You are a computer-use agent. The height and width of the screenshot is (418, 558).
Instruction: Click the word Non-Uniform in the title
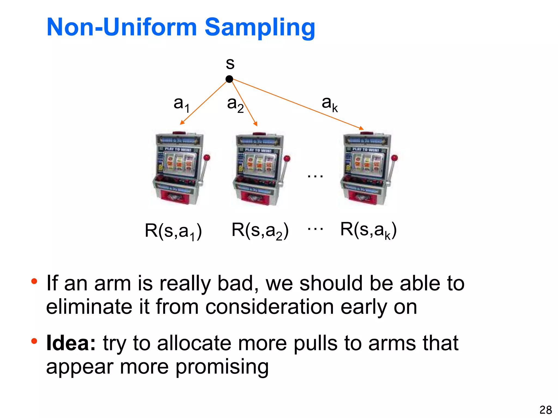pos(122,27)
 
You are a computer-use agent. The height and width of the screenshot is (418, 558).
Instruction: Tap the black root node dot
pos(229,79)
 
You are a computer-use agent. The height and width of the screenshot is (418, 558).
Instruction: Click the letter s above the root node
pos(230,64)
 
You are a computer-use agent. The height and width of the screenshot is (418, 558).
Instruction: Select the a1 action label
pos(181,104)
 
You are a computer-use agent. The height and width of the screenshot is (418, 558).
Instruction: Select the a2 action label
pos(235,104)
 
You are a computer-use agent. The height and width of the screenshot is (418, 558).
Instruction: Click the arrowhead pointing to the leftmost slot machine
pos(182,123)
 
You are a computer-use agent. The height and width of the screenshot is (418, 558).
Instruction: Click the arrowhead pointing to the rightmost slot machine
pos(361,128)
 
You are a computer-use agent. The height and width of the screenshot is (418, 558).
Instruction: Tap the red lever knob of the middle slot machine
pos(287,158)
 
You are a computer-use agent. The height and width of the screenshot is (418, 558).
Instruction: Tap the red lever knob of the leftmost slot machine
pos(207,157)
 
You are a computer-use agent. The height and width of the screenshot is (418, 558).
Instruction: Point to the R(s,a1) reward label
pos(173,231)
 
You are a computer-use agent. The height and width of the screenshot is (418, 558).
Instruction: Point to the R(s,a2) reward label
pos(260,231)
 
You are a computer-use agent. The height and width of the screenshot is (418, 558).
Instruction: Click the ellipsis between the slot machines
pos(315,176)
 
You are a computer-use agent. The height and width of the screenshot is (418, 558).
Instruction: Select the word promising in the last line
pos(222,367)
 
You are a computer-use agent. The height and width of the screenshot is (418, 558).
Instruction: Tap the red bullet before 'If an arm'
pos(34,281)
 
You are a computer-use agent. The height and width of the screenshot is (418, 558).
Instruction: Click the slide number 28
pos(545,410)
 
